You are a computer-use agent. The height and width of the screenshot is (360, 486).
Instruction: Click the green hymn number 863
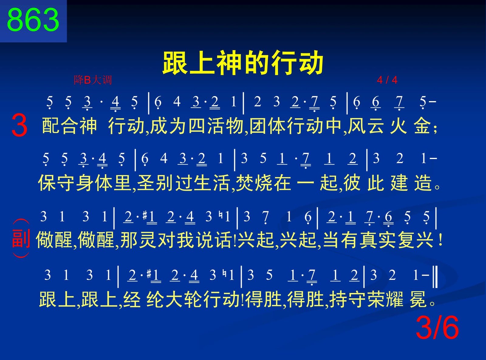33,20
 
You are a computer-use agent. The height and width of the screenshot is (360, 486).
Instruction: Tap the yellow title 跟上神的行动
243,63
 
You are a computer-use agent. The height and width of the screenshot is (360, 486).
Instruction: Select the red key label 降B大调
93,80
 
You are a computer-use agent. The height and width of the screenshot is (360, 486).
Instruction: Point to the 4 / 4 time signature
387,80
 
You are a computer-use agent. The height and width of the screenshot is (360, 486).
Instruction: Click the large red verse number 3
19,126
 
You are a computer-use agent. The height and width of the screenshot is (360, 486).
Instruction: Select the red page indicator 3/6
437,328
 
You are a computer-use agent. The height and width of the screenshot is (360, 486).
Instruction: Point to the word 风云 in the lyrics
366,126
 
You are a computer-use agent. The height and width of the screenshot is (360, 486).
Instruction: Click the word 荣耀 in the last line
385,299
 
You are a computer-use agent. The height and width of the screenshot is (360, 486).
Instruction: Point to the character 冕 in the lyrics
418,299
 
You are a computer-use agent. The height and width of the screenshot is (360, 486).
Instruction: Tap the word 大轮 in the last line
175,299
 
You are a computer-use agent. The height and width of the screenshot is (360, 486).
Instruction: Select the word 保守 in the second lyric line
56,183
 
